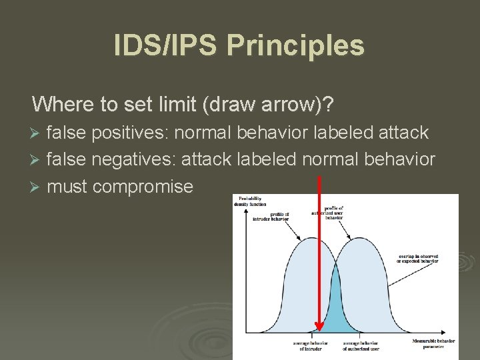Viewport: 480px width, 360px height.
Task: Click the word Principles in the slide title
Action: tap(296, 46)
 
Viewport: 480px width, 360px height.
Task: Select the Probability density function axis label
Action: tap(250, 201)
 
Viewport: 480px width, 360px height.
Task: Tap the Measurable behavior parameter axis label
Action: tap(433, 344)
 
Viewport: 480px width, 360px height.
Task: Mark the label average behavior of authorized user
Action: tap(361, 345)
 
